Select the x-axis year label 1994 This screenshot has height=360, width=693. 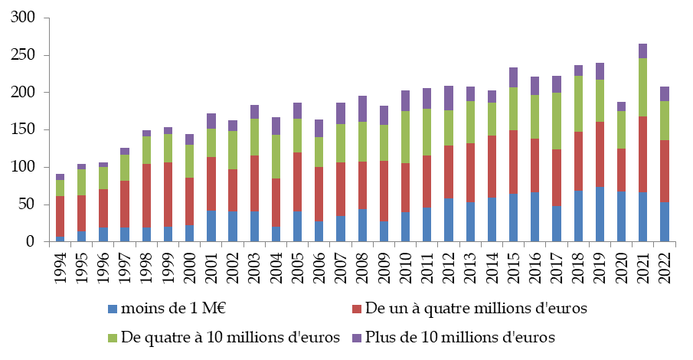click(60, 265)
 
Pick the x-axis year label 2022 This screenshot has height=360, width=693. click(664, 265)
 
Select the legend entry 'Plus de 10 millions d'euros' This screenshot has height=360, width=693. click(459, 337)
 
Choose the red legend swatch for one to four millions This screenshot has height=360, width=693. click(357, 309)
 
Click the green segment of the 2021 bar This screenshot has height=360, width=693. click(642, 87)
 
